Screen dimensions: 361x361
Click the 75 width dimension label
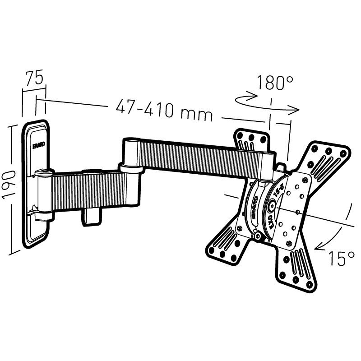[x=34, y=78]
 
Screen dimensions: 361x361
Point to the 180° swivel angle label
[x=275, y=83]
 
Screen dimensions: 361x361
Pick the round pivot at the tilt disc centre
[x=272, y=206]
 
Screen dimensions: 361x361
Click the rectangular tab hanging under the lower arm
[x=90, y=215]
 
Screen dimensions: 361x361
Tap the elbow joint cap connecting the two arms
[x=131, y=168]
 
